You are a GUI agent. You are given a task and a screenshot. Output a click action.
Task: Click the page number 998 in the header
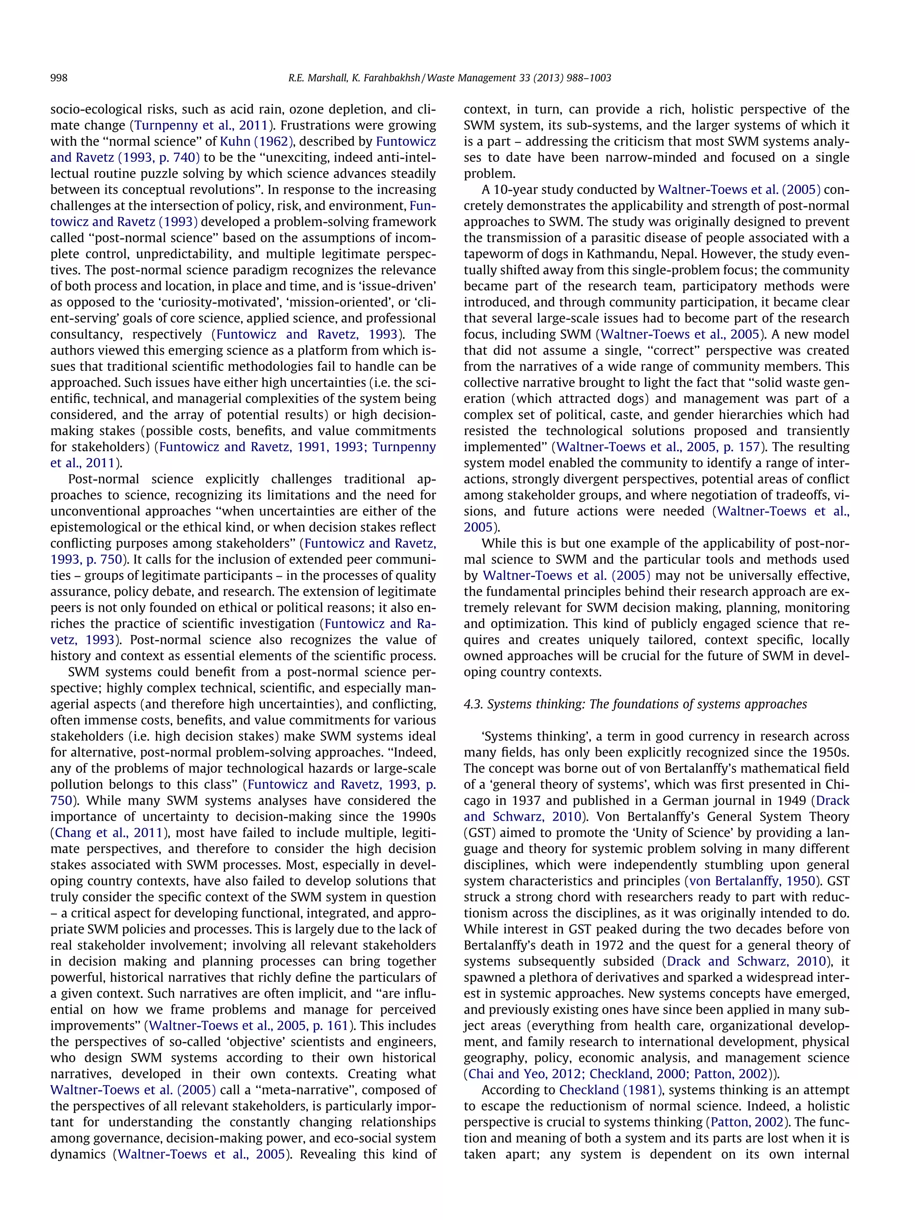(59, 78)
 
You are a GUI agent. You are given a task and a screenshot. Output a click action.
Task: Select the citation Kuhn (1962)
(256, 141)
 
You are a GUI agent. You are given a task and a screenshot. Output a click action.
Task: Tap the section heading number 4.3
(473, 704)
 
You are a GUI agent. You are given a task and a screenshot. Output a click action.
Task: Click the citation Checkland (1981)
(611, 1090)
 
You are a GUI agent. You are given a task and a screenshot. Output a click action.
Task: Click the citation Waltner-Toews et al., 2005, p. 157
(659, 447)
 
